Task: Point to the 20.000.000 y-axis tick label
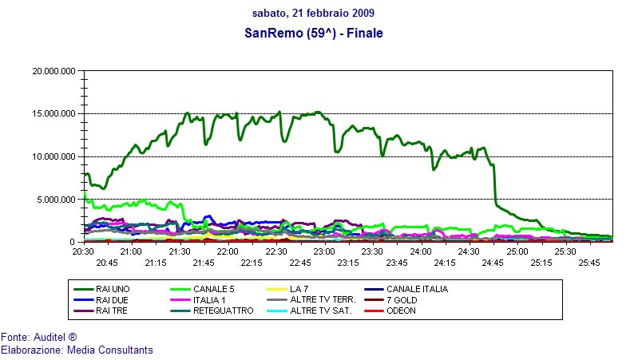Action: [x=53, y=71]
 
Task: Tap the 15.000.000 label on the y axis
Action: [x=53, y=114]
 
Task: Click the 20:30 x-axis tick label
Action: [x=83, y=251]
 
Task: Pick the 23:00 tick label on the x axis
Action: [x=324, y=251]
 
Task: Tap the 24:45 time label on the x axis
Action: [x=493, y=262]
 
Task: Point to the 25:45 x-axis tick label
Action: [x=589, y=262]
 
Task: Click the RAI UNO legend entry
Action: [x=111, y=289]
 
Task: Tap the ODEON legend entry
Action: [x=402, y=311]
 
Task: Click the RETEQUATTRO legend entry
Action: [x=223, y=311]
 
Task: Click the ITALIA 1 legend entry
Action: [x=210, y=300]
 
